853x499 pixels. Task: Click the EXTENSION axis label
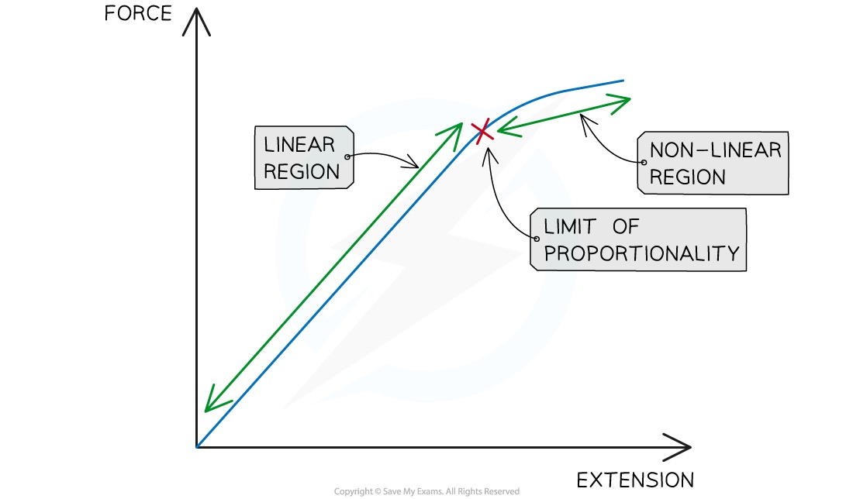click(635, 480)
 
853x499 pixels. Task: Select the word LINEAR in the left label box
click(299, 145)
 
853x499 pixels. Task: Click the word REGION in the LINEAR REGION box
click(302, 171)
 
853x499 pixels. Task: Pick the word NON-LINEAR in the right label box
click(715, 150)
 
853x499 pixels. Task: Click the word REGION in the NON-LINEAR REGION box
click(688, 177)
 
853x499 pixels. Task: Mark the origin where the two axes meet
click(198, 446)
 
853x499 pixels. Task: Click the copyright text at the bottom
click(427, 491)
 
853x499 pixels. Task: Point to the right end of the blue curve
click(623, 80)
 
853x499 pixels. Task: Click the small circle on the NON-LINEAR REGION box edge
click(642, 163)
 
